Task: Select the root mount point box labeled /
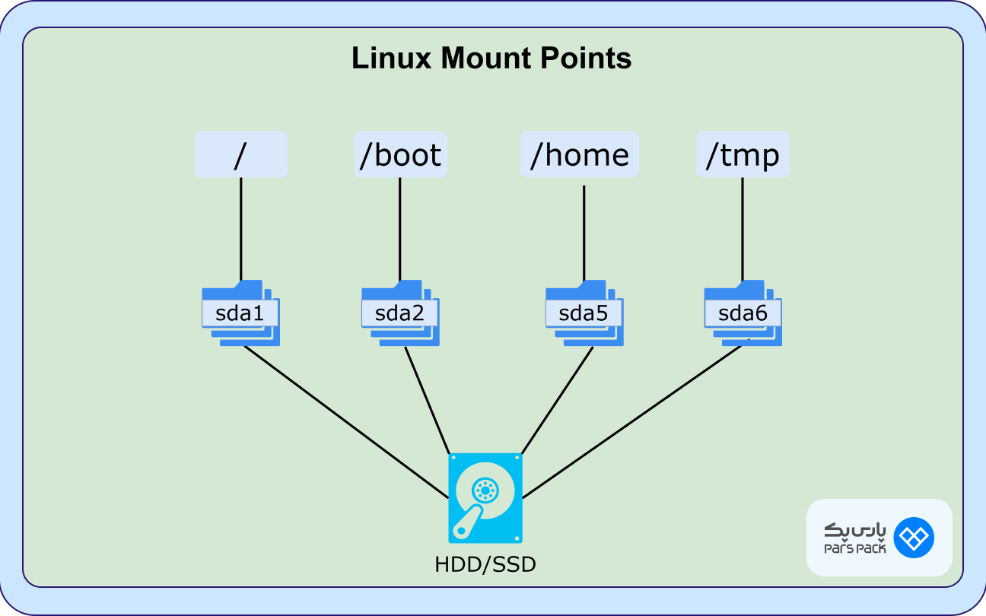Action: click(x=240, y=154)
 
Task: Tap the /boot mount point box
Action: click(x=400, y=154)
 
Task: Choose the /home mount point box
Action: click(x=580, y=154)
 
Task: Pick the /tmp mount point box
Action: click(x=743, y=154)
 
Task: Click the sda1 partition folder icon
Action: click(x=240, y=313)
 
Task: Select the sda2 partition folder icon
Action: click(x=400, y=313)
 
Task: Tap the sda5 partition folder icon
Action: click(x=584, y=313)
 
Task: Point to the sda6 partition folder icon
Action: click(x=743, y=313)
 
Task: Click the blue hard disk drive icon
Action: click(x=485, y=498)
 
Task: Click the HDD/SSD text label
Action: click(x=485, y=564)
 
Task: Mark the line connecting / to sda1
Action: click(x=241, y=228)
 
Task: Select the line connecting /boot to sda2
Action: click(x=400, y=228)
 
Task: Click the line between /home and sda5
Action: click(x=584, y=232)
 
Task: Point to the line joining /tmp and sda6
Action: click(x=743, y=228)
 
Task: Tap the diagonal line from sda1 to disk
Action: click(x=346, y=423)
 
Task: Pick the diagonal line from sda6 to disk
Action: click(x=631, y=423)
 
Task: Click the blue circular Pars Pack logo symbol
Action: click(x=913, y=538)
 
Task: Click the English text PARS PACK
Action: click(x=854, y=549)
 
